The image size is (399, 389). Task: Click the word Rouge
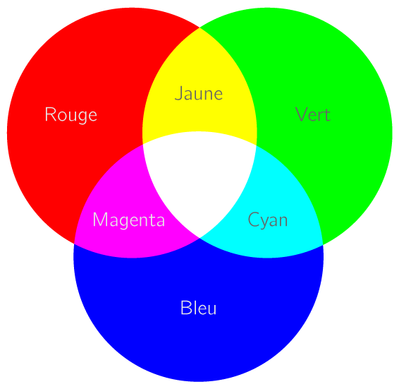71,115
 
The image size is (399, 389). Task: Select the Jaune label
199,94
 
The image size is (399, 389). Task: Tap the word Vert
313,114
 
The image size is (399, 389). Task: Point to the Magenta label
129,220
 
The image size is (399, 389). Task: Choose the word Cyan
268,220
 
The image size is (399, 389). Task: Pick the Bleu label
199,308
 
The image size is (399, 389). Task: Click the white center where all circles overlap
199,179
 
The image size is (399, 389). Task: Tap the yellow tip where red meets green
199,28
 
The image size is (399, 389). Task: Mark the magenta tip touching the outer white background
74,244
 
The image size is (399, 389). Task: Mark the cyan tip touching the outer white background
323,245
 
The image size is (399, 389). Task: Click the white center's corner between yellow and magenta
143,144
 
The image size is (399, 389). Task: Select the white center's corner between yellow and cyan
256,145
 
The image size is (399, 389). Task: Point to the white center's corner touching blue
199,238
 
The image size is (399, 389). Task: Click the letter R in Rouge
50,114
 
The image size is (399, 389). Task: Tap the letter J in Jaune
178,94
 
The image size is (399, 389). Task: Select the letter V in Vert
302,114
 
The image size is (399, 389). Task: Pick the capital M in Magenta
100,220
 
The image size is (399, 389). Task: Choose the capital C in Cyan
254,220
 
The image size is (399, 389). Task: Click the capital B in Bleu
185,308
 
